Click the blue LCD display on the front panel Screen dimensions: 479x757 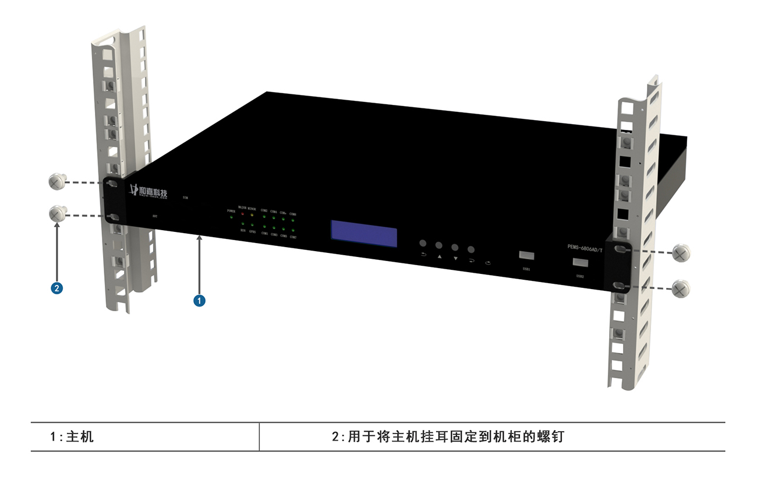click(x=364, y=234)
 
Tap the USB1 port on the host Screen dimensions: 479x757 click(x=526, y=255)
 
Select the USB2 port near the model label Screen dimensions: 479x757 click(x=580, y=262)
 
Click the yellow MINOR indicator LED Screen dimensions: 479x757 click(x=252, y=216)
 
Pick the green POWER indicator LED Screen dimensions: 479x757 click(x=231, y=217)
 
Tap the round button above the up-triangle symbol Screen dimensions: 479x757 click(x=438, y=245)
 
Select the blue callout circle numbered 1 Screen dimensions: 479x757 click(x=199, y=301)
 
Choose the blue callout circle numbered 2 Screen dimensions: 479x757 click(x=56, y=288)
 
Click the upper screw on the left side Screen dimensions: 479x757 click(x=56, y=182)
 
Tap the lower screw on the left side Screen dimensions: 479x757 click(x=56, y=214)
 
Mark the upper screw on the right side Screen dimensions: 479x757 click(x=681, y=253)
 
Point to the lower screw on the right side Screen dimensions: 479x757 click(x=681, y=288)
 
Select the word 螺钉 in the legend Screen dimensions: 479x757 click(x=551, y=436)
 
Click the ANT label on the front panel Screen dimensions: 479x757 click(x=155, y=216)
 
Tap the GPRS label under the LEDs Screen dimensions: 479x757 click(x=252, y=231)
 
